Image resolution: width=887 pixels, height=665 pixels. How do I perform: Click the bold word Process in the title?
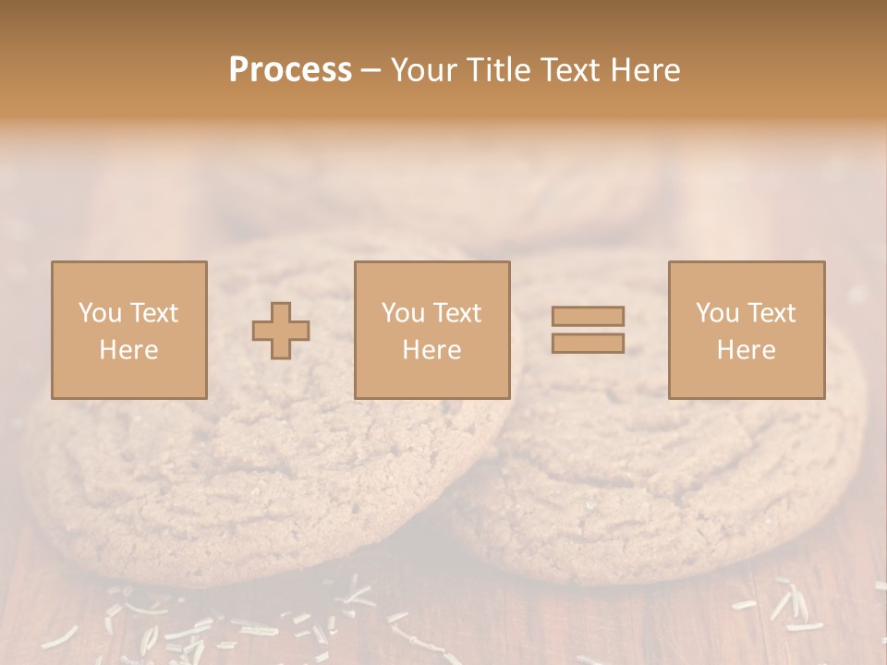[290, 70]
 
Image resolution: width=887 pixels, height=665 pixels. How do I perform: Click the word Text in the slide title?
[576, 70]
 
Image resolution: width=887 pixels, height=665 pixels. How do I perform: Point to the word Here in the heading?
[650, 70]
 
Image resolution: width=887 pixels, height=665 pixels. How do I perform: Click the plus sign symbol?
[281, 331]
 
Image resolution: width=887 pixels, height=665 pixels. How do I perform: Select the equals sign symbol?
[588, 330]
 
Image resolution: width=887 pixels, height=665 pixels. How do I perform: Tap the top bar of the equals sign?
[588, 316]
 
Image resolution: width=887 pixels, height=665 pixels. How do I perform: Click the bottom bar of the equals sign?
[588, 343]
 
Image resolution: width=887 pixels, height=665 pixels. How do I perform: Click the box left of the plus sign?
[128, 330]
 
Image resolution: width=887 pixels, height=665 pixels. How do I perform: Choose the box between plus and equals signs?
[431, 330]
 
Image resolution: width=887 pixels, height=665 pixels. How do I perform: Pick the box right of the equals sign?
[747, 330]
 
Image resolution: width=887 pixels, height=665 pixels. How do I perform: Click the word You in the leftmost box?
[100, 313]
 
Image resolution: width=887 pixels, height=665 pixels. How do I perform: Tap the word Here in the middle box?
[431, 350]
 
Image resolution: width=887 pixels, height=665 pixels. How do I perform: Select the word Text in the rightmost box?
[772, 313]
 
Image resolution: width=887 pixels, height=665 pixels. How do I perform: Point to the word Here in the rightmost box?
[747, 350]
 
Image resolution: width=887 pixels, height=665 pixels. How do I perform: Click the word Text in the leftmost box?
[153, 313]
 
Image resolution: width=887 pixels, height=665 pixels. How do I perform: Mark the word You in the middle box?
[404, 313]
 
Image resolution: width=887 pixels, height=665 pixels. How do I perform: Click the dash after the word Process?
[371, 71]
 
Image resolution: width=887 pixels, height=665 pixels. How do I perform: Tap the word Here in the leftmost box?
[128, 350]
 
